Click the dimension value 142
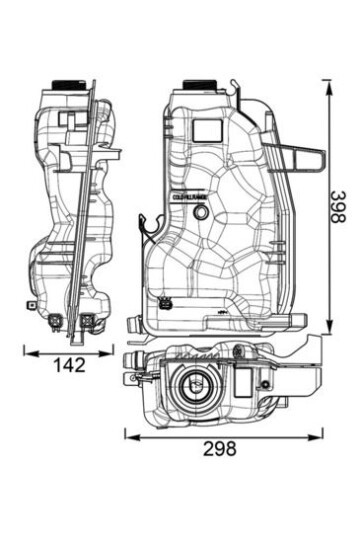[x=69, y=366]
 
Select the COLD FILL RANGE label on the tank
[x=189, y=200]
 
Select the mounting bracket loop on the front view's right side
[x=304, y=155]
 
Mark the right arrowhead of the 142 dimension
[x=110, y=351]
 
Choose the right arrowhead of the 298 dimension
[x=322, y=434]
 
